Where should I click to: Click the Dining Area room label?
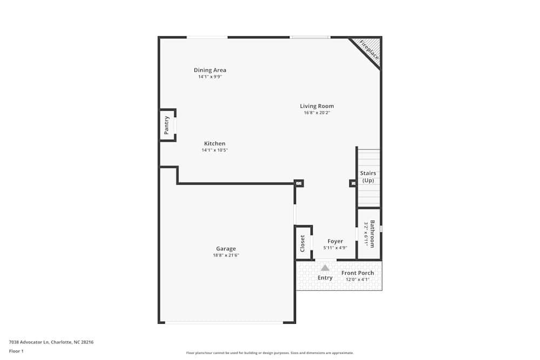(210, 70)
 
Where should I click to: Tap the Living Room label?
(317, 106)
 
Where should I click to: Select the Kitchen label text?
(214, 144)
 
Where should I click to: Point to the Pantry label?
(167, 125)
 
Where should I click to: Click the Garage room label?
(226, 249)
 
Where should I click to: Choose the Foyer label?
(335, 241)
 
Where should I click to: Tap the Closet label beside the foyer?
(302, 243)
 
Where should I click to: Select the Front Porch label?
(357, 273)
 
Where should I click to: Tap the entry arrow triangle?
(325, 268)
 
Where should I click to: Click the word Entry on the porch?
(325, 278)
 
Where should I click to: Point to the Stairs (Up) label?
(368, 176)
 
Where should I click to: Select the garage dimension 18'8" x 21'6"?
(226, 255)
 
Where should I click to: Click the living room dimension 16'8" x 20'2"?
(317, 113)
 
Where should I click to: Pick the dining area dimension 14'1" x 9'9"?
(210, 77)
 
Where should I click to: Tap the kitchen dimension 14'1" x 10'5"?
(214, 150)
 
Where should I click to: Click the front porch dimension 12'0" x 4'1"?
(357, 280)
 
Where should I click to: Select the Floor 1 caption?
(16, 351)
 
